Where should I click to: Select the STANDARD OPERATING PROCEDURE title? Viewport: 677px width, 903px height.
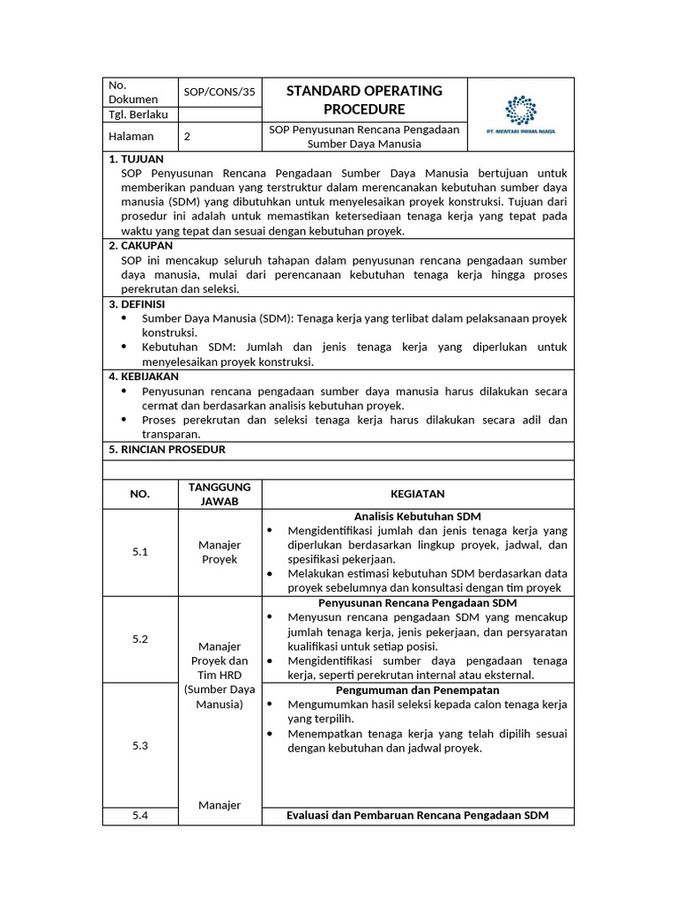coord(364,100)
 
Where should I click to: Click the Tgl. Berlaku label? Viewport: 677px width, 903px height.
coord(138,115)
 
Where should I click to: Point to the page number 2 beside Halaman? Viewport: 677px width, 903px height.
coord(187,137)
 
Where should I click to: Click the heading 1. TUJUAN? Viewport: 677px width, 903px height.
coord(136,159)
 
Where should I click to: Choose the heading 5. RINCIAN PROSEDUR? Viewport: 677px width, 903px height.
coord(167,449)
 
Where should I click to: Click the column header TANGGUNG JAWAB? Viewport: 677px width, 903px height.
coord(219,494)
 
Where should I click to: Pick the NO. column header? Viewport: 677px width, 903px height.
coord(140,494)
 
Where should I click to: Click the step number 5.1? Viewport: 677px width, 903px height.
coord(140,552)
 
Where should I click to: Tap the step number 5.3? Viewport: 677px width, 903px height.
coord(140,745)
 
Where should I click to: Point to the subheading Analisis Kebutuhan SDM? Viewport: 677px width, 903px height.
coord(417,516)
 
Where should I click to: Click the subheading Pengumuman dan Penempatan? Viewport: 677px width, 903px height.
coord(417,690)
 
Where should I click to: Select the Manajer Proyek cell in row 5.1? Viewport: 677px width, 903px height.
coord(219,552)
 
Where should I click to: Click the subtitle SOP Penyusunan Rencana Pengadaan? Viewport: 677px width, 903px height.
coord(364,130)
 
